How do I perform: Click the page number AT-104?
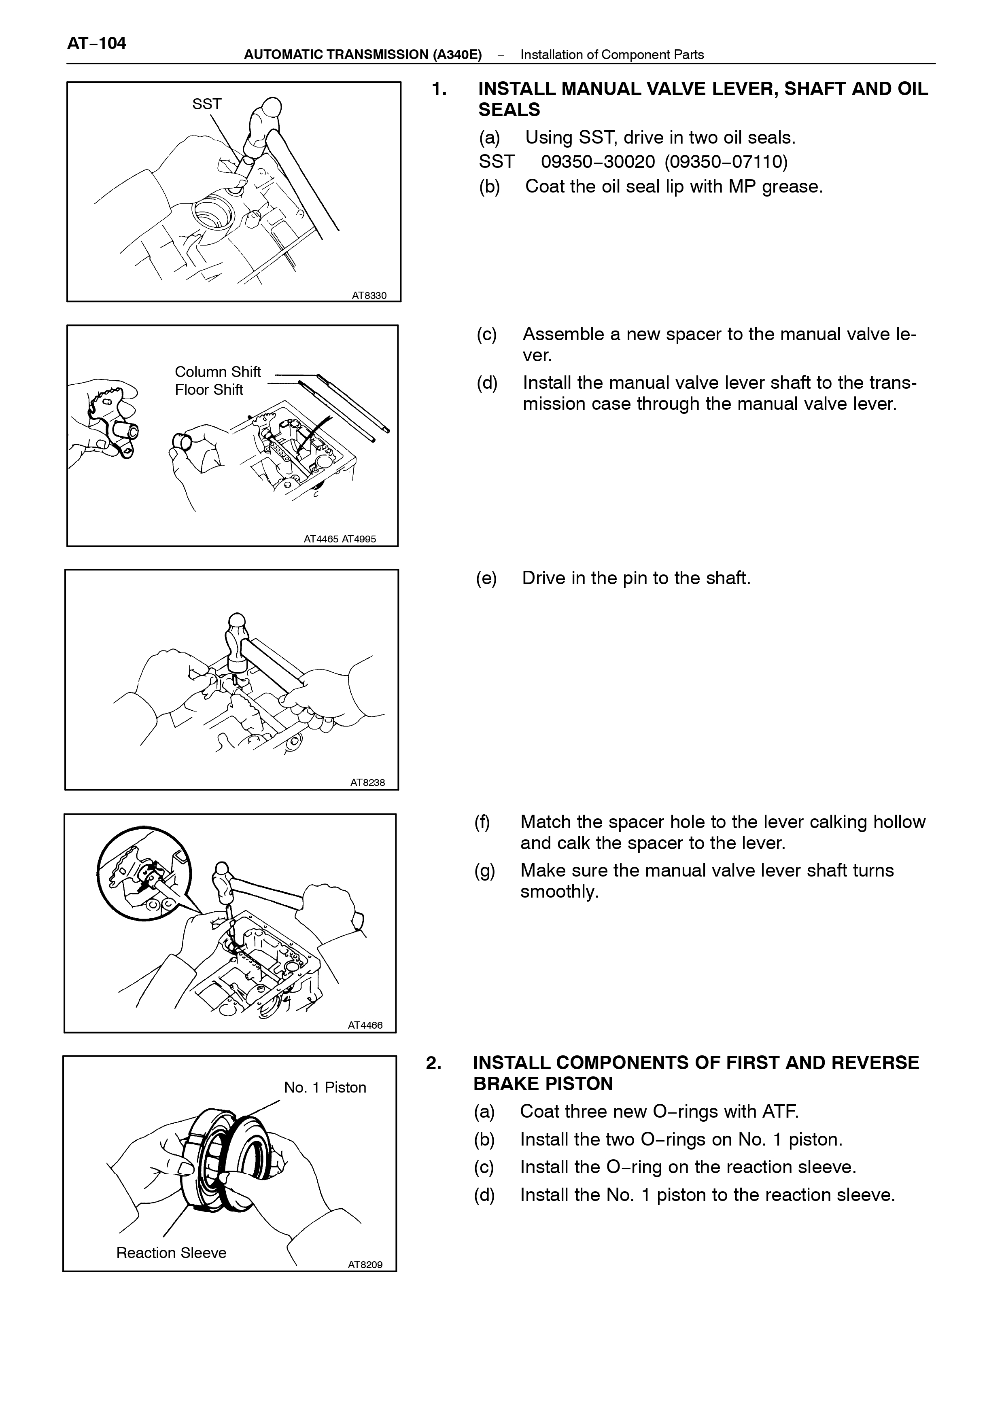pos(96,43)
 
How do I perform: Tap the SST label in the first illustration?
pos(206,104)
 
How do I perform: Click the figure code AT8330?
pos(369,295)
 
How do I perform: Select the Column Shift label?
pos(218,371)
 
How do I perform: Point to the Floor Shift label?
pos(209,390)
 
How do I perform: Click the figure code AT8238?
pos(367,782)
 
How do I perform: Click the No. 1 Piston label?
pos(325,1087)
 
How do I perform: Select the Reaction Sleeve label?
pos(171,1253)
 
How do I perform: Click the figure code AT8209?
pos(365,1264)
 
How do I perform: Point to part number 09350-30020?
pos(598,162)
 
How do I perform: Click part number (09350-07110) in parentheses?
pos(726,162)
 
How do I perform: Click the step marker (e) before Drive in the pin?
pos(486,578)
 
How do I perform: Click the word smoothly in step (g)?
pos(560,892)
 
